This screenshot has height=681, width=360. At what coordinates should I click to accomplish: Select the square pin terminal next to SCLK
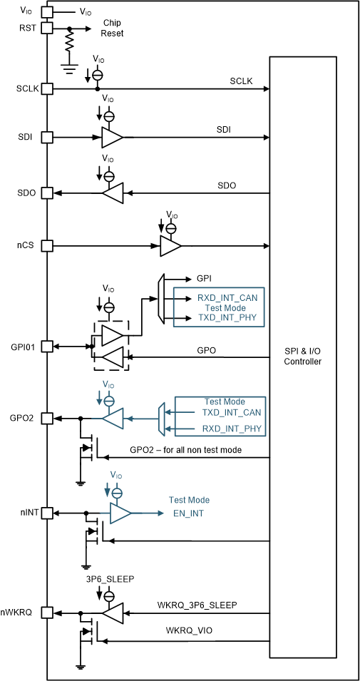click(x=47, y=89)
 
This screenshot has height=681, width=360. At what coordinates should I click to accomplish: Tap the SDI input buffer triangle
click(x=112, y=137)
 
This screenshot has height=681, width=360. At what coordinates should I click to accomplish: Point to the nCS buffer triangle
click(x=170, y=246)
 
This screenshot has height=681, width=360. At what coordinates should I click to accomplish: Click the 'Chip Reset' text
click(x=112, y=28)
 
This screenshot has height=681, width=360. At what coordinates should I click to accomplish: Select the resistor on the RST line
click(x=69, y=44)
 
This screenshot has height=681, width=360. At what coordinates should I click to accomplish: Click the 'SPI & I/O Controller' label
click(x=303, y=357)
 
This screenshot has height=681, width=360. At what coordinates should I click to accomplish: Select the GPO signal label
click(x=207, y=351)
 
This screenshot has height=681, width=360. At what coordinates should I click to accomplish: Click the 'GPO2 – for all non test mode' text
click(x=185, y=449)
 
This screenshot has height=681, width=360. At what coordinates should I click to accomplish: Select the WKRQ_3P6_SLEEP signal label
click(x=197, y=605)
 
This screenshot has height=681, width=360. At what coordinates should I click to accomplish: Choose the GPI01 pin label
click(x=22, y=346)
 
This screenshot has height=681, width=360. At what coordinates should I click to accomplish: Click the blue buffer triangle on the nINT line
click(x=120, y=513)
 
